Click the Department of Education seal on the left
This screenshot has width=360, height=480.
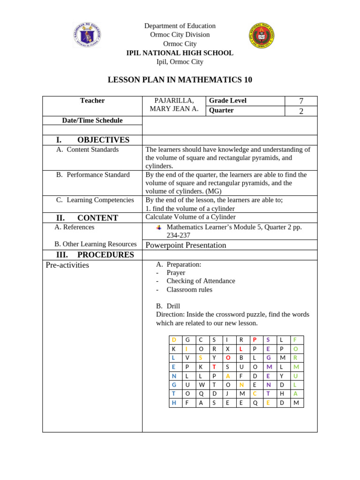tap(87, 35)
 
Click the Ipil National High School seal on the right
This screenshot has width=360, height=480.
tap(262, 36)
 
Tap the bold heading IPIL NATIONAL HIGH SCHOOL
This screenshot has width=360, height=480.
tap(180, 53)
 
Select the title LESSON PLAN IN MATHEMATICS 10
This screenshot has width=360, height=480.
tap(180, 80)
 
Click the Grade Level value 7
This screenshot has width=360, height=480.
tap(301, 101)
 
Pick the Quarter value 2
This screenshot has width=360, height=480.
tap(301, 111)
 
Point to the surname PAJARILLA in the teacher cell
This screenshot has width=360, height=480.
tap(174, 101)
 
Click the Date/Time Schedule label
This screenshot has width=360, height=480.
tap(92, 120)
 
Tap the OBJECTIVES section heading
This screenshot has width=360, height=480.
tap(103, 140)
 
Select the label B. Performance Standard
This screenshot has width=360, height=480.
tap(93, 175)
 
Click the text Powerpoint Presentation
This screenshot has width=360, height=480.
tap(186, 245)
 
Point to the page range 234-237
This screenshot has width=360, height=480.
tap(178, 235)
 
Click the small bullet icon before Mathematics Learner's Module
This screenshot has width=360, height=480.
tap(159, 227)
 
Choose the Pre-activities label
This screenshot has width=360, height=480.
tap(67, 265)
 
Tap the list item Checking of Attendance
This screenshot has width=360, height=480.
tap(201, 281)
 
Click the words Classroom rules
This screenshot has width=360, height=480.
tap(189, 290)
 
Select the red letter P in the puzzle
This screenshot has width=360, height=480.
tap(255, 340)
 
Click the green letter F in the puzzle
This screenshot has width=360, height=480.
tap(295, 340)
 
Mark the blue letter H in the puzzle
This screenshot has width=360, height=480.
tap(174, 403)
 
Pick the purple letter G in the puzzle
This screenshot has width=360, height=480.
tap(268, 358)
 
